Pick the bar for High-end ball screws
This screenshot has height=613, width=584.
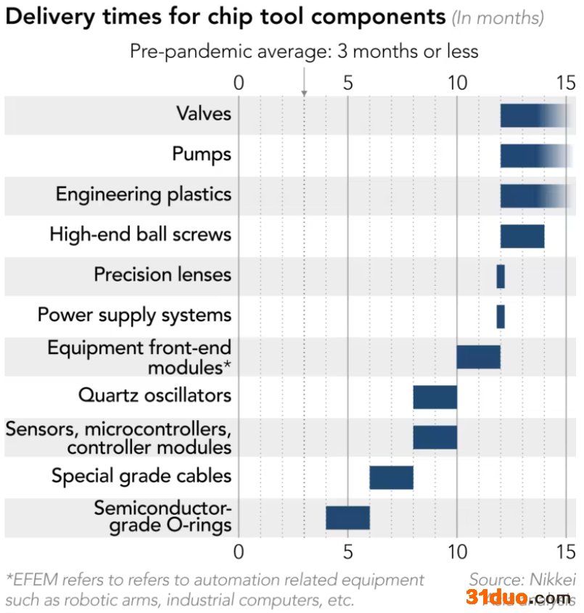(x=522, y=236)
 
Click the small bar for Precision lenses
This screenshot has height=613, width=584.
(x=501, y=276)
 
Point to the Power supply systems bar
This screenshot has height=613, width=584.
(x=501, y=316)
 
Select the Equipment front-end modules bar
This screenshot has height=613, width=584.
(x=478, y=357)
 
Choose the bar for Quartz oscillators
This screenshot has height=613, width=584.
(x=435, y=397)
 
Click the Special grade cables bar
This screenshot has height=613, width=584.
(x=391, y=477)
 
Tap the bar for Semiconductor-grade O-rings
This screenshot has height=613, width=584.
(x=347, y=518)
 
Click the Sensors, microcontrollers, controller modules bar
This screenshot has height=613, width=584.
(x=435, y=437)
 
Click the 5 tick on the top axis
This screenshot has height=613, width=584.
(x=348, y=83)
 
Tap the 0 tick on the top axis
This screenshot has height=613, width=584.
(x=239, y=83)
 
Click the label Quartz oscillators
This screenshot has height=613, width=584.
(x=155, y=395)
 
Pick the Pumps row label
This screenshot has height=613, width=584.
(x=202, y=154)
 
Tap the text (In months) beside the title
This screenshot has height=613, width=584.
(x=498, y=18)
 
